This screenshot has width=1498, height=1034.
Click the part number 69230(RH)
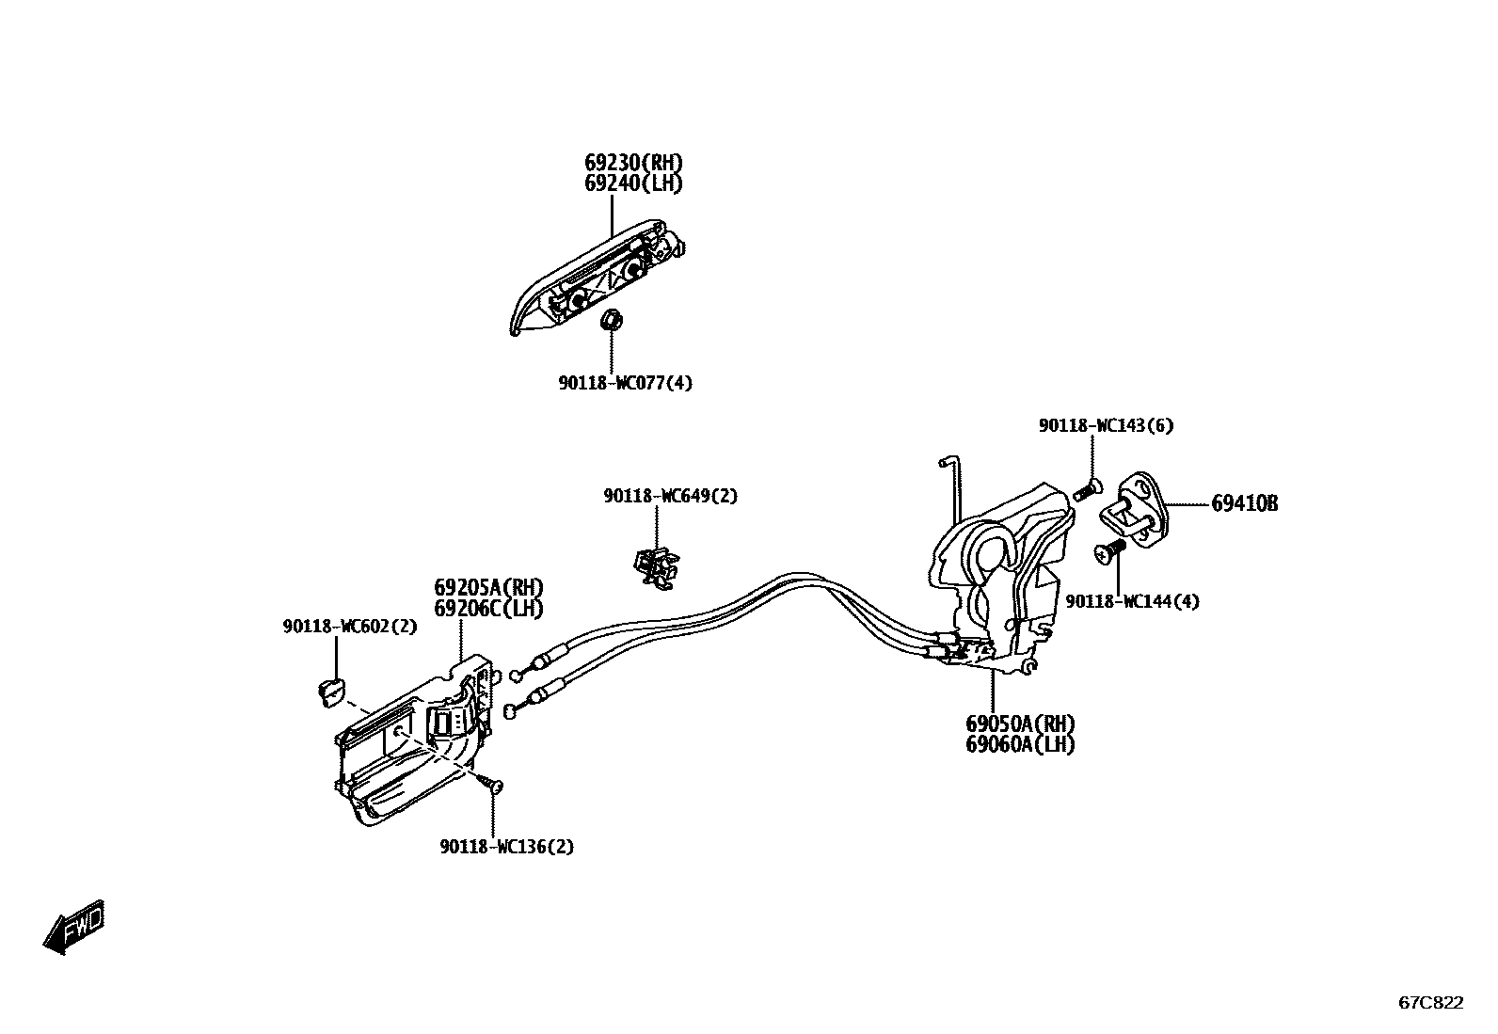click(x=633, y=163)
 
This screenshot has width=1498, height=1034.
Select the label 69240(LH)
click(x=633, y=183)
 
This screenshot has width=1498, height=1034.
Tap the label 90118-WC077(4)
click(x=625, y=383)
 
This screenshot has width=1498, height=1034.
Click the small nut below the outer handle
click(x=610, y=320)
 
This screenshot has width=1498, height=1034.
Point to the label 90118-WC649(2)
click(x=670, y=496)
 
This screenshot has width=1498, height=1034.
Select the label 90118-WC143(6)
click(x=1106, y=425)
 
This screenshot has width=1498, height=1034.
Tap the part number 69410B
click(x=1244, y=504)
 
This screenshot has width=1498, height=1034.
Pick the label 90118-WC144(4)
click(x=1132, y=601)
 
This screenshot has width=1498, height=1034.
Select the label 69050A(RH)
click(x=1020, y=724)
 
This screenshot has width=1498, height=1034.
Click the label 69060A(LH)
click(x=1020, y=744)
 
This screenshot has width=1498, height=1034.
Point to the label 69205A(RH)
click(x=488, y=588)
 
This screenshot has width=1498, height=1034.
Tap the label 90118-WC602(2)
click(x=349, y=626)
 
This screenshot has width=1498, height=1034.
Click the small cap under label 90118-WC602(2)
click(x=329, y=690)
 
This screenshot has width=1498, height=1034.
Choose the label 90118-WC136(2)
click(x=506, y=847)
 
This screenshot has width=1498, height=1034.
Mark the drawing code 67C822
click(x=1430, y=1003)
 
